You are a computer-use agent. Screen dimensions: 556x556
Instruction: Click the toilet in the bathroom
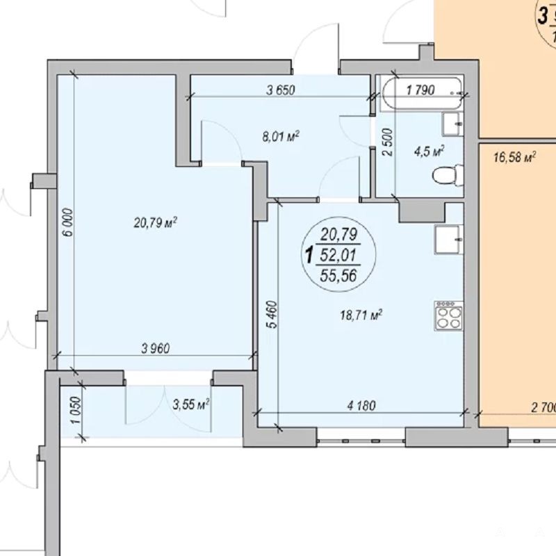pos(448,175)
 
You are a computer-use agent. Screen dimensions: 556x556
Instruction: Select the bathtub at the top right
pos(422,93)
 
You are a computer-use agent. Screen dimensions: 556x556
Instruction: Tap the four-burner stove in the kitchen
pos(448,316)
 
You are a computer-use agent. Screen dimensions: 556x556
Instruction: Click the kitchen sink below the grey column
pos(449,239)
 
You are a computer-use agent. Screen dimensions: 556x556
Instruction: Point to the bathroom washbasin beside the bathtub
pos(452,124)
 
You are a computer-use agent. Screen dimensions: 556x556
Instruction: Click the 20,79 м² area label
pos(155,222)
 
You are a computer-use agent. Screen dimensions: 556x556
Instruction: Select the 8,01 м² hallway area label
pos(281,136)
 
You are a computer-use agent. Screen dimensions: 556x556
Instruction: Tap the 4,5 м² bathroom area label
pos(429,152)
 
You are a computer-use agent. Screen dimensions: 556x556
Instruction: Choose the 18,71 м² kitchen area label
pos(361,315)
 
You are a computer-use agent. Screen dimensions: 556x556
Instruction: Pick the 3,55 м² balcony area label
pos(191,404)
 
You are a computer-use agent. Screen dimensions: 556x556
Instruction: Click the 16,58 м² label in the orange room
pos(514,157)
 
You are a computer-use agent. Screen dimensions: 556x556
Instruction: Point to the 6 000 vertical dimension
pos(68,222)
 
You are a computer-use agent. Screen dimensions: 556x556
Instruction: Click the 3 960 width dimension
pos(155,349)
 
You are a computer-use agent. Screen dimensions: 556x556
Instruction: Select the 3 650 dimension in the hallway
pos(281,90)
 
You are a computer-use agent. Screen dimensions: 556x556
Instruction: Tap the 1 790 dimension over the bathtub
pos(420,90)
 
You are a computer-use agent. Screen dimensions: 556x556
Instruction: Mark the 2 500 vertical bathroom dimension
pos(388,142)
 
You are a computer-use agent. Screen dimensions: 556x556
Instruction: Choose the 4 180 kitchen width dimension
pos(361,405)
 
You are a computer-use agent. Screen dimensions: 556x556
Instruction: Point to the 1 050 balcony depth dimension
pos(76,411)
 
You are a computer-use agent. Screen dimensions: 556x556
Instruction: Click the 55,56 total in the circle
pos(338,275)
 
